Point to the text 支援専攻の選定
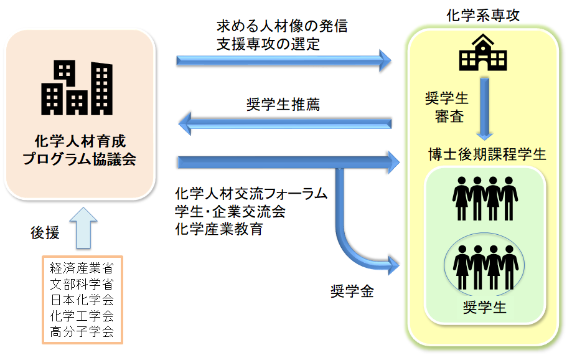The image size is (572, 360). tap(268, 44)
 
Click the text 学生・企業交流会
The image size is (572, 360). tap(230, 211)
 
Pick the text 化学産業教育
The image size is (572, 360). tap(219, 229)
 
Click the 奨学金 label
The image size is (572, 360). tap(352, 291)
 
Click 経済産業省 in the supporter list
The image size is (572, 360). tap(82, 270)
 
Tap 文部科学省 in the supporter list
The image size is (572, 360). tap(82, 285)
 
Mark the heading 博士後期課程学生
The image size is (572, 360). tap(487, 154)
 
